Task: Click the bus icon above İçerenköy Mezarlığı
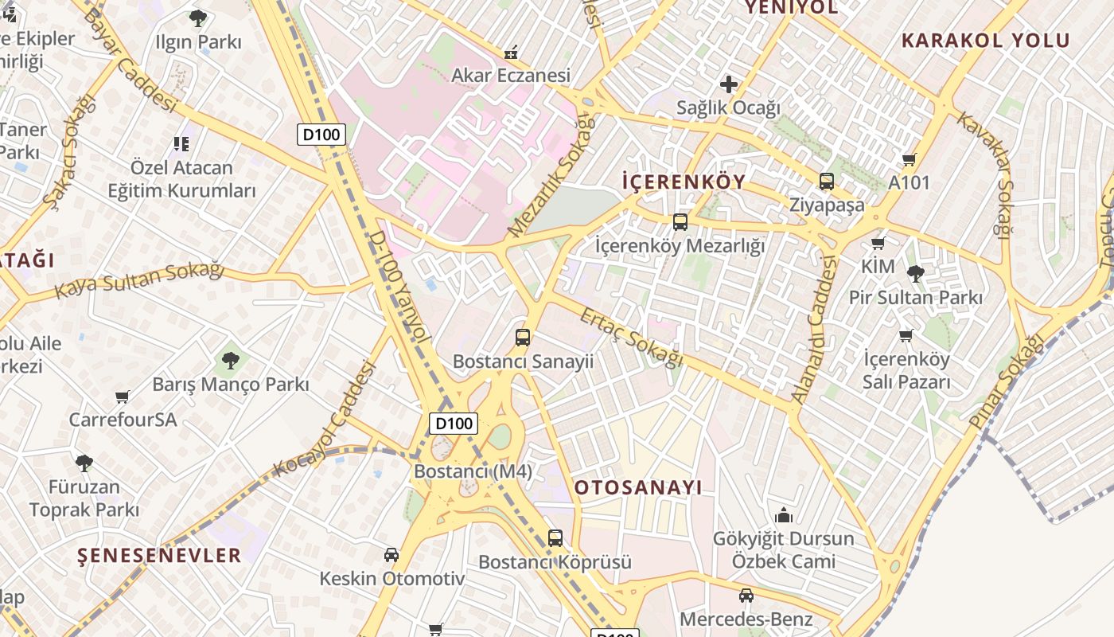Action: coord(680,222)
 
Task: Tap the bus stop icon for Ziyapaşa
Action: coord(827,182)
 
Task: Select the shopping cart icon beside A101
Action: coord(910,159)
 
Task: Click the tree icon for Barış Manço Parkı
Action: coord(231,361)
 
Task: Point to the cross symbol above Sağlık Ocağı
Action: coord(728,84)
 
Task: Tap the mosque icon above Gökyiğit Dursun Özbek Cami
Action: coord(784,515)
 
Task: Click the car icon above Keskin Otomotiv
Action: coord(391,554)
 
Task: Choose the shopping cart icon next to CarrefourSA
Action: coord(123,397)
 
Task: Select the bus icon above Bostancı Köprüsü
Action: coord(555,538)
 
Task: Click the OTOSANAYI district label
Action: coord(638,487)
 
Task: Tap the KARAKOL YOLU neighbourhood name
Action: coord(985,41)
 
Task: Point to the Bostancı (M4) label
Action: coord(473,471)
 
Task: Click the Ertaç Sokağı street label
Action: coord(631,338)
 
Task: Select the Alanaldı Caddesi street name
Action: coord(816,328)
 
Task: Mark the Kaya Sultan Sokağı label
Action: coord(138,279)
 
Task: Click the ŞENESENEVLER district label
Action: coord(159,555)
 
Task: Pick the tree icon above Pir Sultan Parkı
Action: coord(915,274)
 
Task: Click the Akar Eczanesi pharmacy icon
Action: coord(511,53)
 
